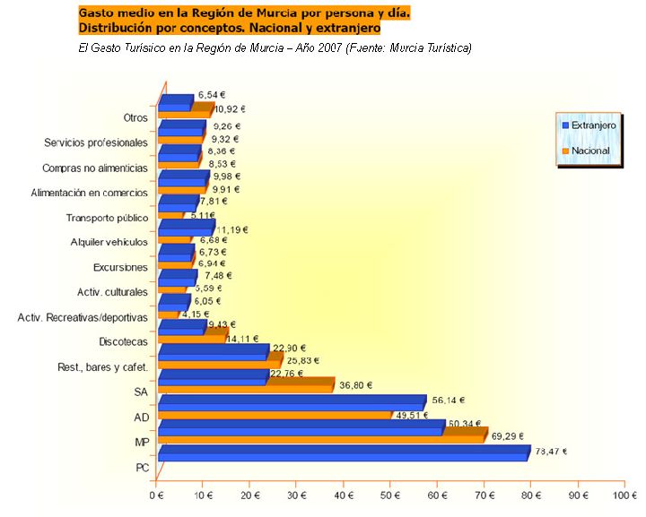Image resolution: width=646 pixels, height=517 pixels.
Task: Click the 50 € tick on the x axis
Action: click(390, 493)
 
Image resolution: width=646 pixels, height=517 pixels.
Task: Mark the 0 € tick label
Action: click(158, 493)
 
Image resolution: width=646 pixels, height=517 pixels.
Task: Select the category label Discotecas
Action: click(123, 341)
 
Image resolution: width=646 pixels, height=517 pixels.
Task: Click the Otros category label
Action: click(135, 117)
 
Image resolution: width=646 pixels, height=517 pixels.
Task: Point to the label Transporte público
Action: click(107, 218)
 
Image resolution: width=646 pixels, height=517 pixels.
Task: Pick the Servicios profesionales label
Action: click(95, 142)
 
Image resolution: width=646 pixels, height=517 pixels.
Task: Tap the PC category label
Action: click(142, 467)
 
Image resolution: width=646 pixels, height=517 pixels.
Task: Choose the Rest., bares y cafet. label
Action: click(103, 366)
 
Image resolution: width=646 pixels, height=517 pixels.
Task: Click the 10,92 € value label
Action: click(230, 108)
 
